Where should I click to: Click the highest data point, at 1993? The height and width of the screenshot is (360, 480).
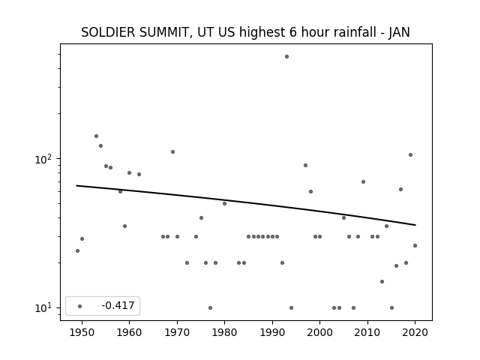click(x=286, y=57)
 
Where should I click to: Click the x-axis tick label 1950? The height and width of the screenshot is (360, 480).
click(x=82, y=332)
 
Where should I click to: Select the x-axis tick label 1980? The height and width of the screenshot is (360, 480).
click(x=224, y=332)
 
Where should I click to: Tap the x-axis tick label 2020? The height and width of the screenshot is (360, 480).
click(x=415, y=332)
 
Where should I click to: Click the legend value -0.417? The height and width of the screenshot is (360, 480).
click(x=118, y=305)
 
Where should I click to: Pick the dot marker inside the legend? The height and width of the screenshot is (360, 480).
click(x=80, y=306)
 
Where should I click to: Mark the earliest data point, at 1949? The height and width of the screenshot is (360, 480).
click(x=77, y=250)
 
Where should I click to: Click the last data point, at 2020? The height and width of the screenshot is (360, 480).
click(x=415, y=245)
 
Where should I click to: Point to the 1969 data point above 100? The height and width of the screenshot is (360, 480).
click(x=172, y=151)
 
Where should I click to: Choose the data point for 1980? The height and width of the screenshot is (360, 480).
click(x=224, y=203)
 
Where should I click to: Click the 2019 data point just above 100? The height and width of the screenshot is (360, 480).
click(x=410, y=155)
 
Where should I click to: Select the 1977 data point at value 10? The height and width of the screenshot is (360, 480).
click(x=210, y=308)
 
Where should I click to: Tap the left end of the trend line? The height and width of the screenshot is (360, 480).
click(x=76, y=185)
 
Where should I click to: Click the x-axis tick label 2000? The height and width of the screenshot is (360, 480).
click(x=320, y=332)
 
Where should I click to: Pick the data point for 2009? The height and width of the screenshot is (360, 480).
click(x=363, y=181)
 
